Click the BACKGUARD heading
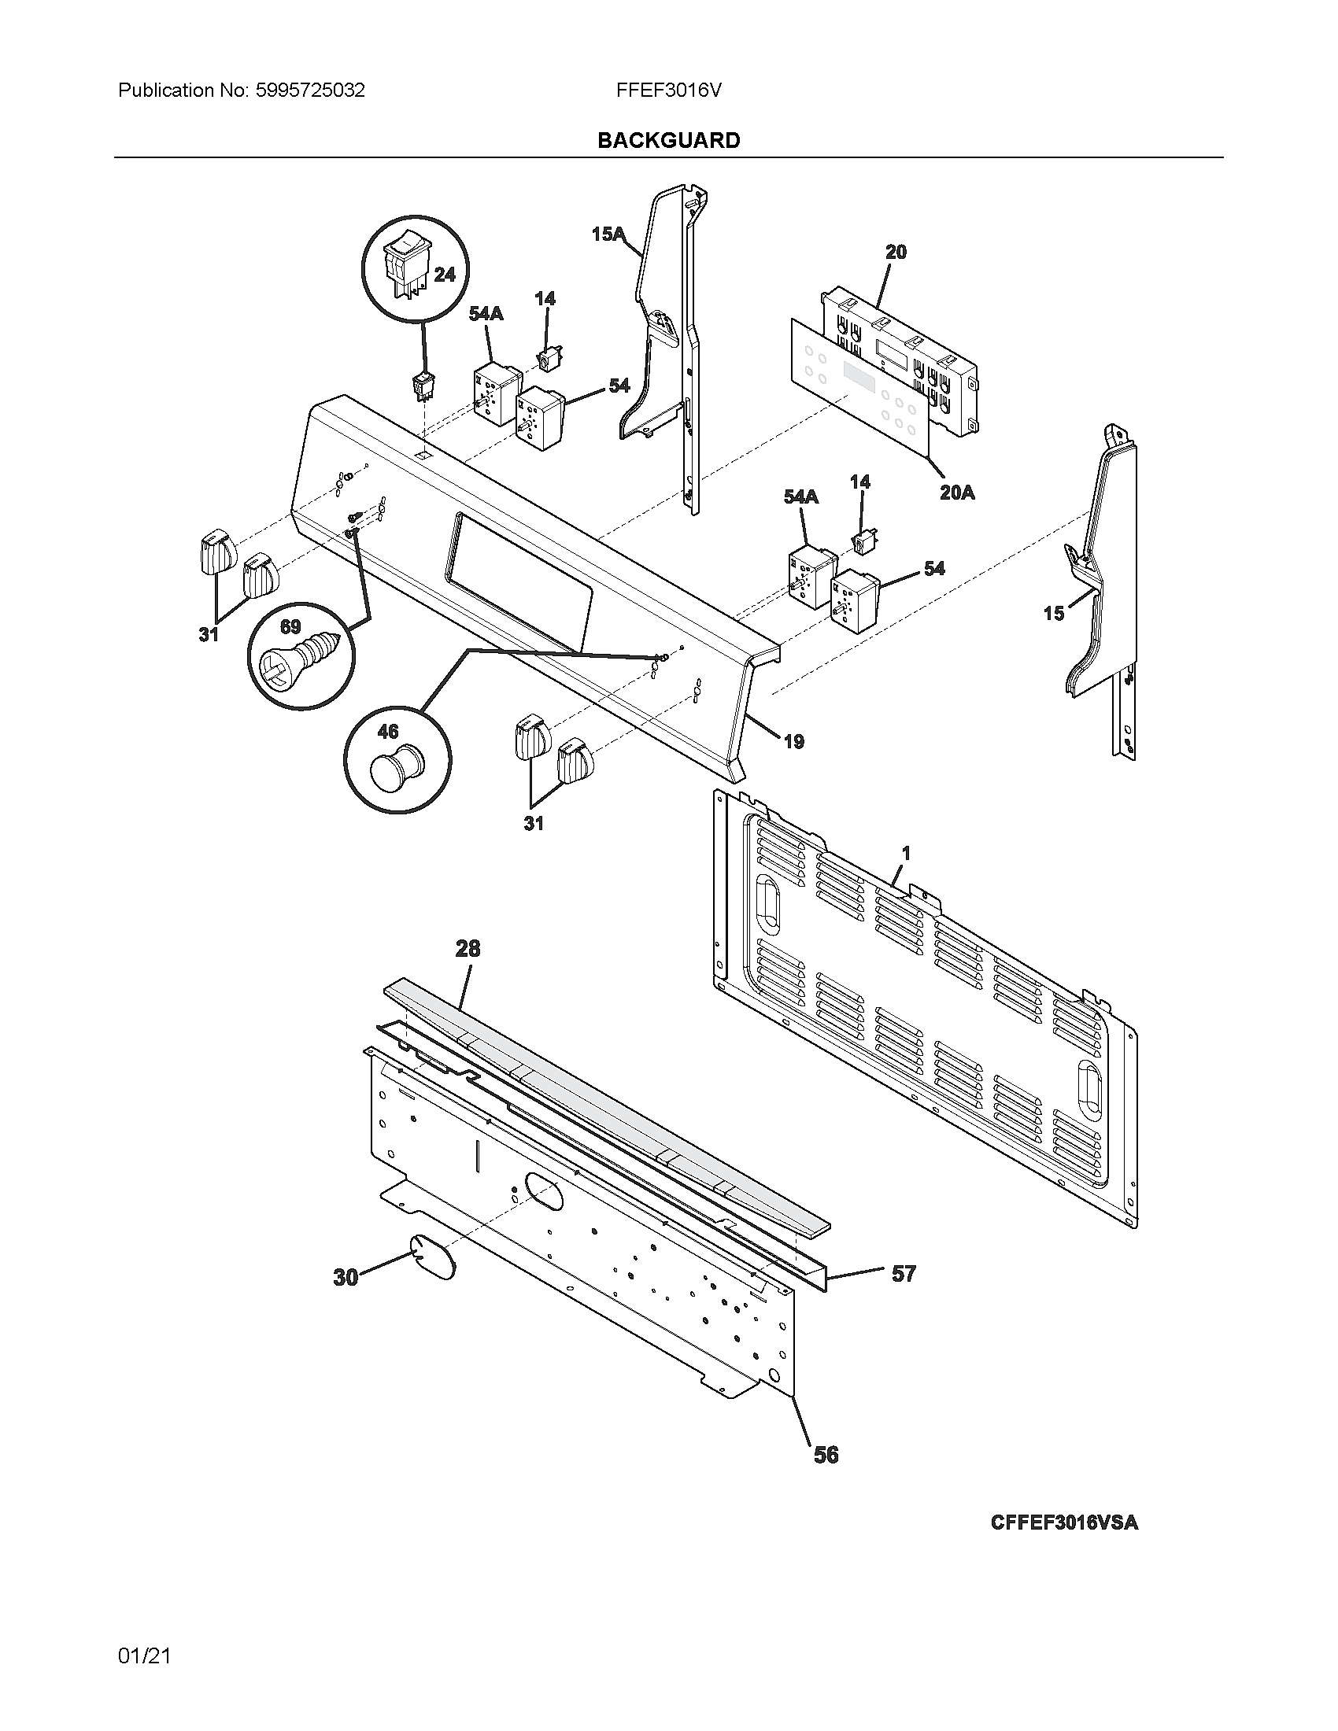point(668,140)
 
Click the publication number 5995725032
point(310,90)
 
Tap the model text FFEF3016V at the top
point(668,90)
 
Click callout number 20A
point(957,493)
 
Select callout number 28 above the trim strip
point(468,948)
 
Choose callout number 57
point(904,1274)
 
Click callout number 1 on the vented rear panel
point(906,853)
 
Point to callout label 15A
point(608,234)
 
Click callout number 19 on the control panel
point(793,742)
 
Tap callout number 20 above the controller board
point(896,252)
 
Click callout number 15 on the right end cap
point(1053,613)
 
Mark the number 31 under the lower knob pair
point(534,824)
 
